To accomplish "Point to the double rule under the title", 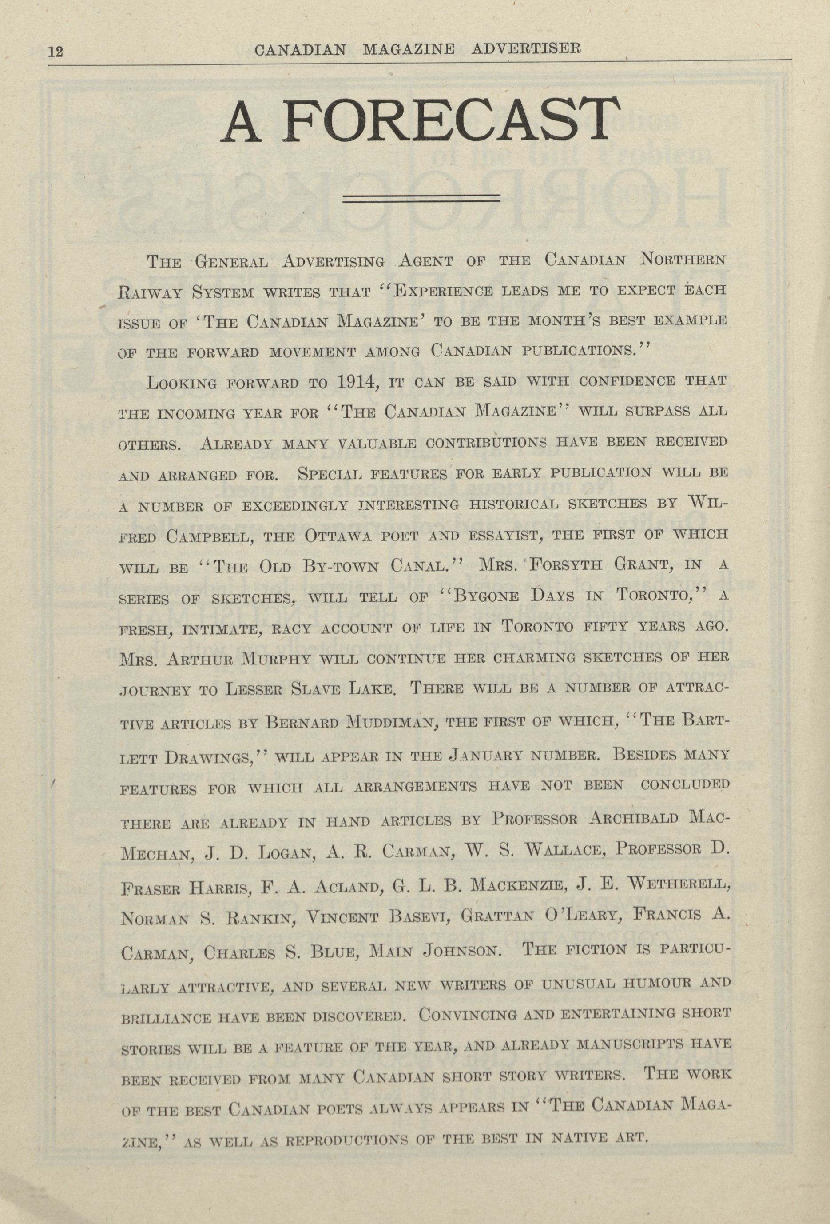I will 421,198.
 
